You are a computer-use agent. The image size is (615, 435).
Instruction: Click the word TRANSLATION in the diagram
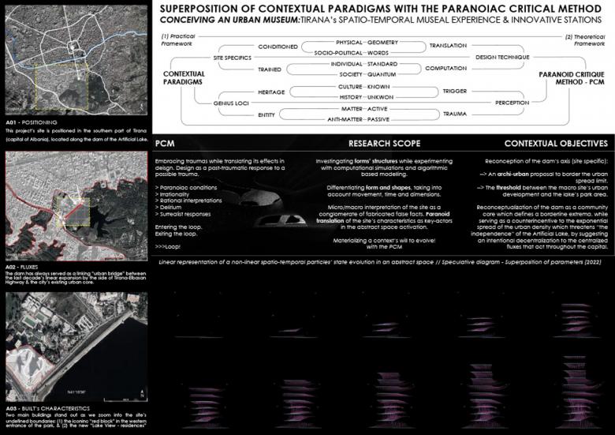[448, 47]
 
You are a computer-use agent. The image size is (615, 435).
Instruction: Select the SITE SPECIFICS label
[232, 58]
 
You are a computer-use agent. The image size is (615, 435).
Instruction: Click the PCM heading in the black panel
[165, 144]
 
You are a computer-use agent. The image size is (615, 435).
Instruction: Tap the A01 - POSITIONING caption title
[29, 123]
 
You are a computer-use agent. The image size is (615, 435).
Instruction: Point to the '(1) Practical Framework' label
[177, 39]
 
